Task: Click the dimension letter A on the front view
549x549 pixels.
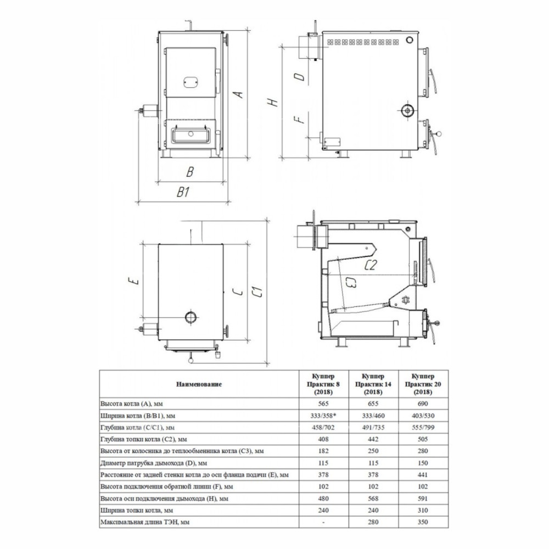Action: [238, 94]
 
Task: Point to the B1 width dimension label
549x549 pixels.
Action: [183, 192]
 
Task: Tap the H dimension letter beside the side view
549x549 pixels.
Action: [272, 102]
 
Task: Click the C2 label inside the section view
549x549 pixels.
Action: [371, 265]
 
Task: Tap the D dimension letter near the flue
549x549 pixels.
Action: [301, 77]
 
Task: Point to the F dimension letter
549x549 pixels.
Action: [299, 120]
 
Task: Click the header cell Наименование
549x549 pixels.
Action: [199, 384]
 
